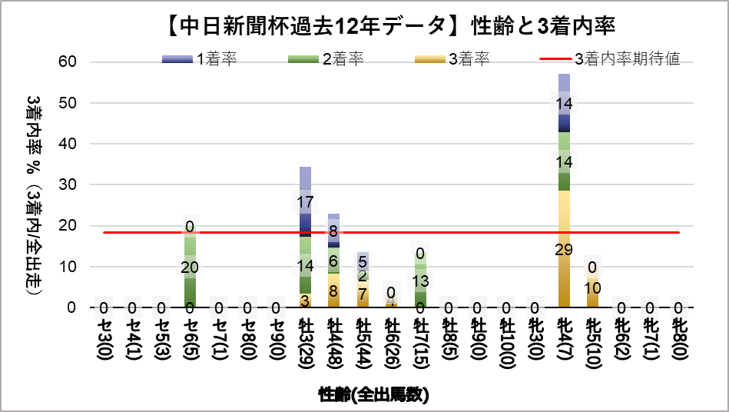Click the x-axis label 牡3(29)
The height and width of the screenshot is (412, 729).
[x=305, y=346]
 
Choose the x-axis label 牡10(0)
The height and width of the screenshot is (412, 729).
[x=506, y=346]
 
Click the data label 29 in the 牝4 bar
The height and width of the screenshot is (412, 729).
[x=564, y=249]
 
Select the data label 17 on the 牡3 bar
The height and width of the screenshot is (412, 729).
[x=305, y=203]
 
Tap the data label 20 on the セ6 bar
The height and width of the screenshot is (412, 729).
[x=190, y=267]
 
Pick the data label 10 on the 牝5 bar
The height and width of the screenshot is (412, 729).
[x=592, y=287]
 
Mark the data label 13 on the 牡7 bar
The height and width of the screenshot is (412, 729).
[x=420, y=281]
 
